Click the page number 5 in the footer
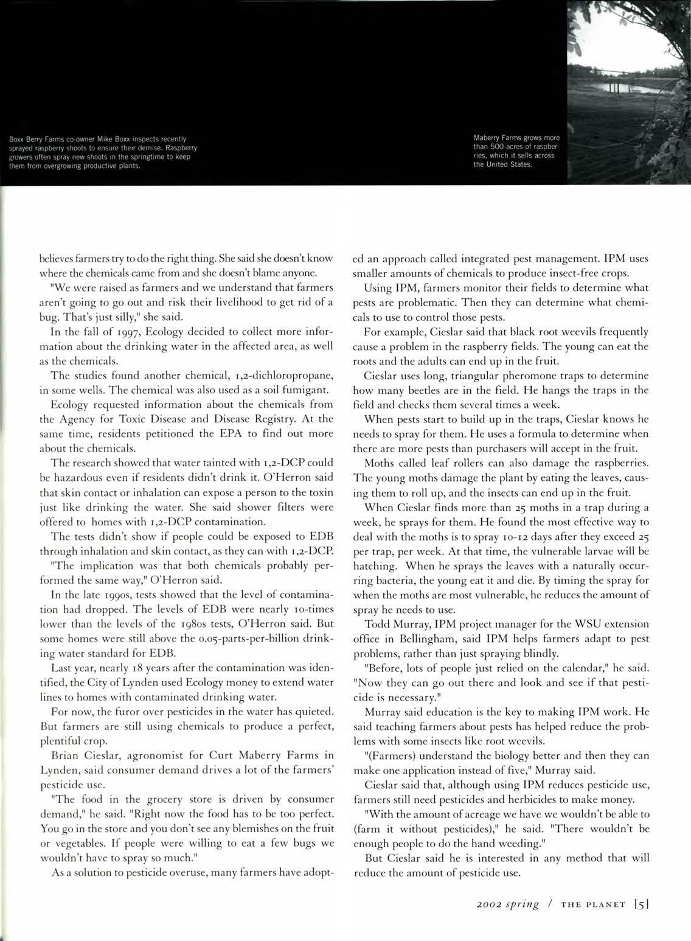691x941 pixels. pyautogui.click(x=642, y=904)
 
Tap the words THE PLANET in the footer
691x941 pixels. pyautogui.click(x=593, y=905)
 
